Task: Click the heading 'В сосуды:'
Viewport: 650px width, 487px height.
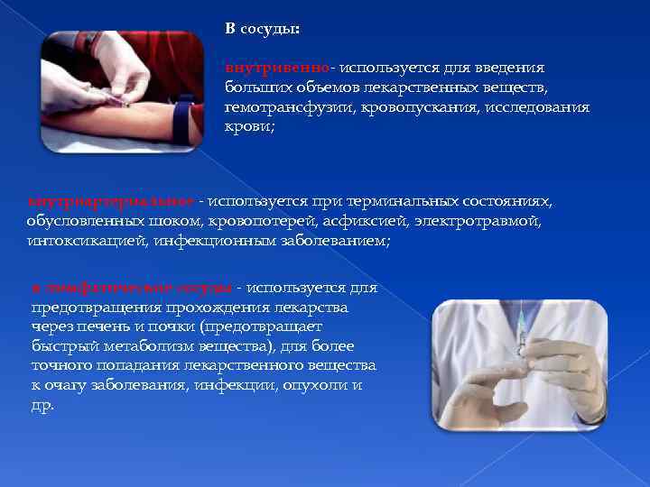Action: pyautogui.click(x=263, y=29)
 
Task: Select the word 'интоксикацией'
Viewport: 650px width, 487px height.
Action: pyautogui.click(x=86, y=241)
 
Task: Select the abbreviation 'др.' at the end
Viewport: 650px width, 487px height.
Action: pyautogui.click(x=42, y=405)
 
